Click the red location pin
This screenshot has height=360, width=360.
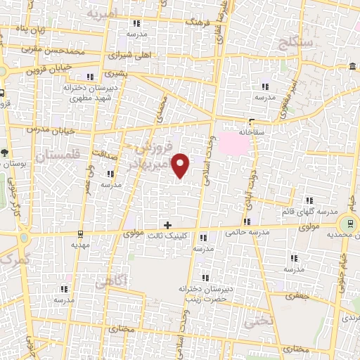point(181,165)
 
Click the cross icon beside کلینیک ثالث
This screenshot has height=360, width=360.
point(167,225)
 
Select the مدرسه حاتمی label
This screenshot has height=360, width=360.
point(243,232)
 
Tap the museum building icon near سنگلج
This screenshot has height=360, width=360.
point(351,67)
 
